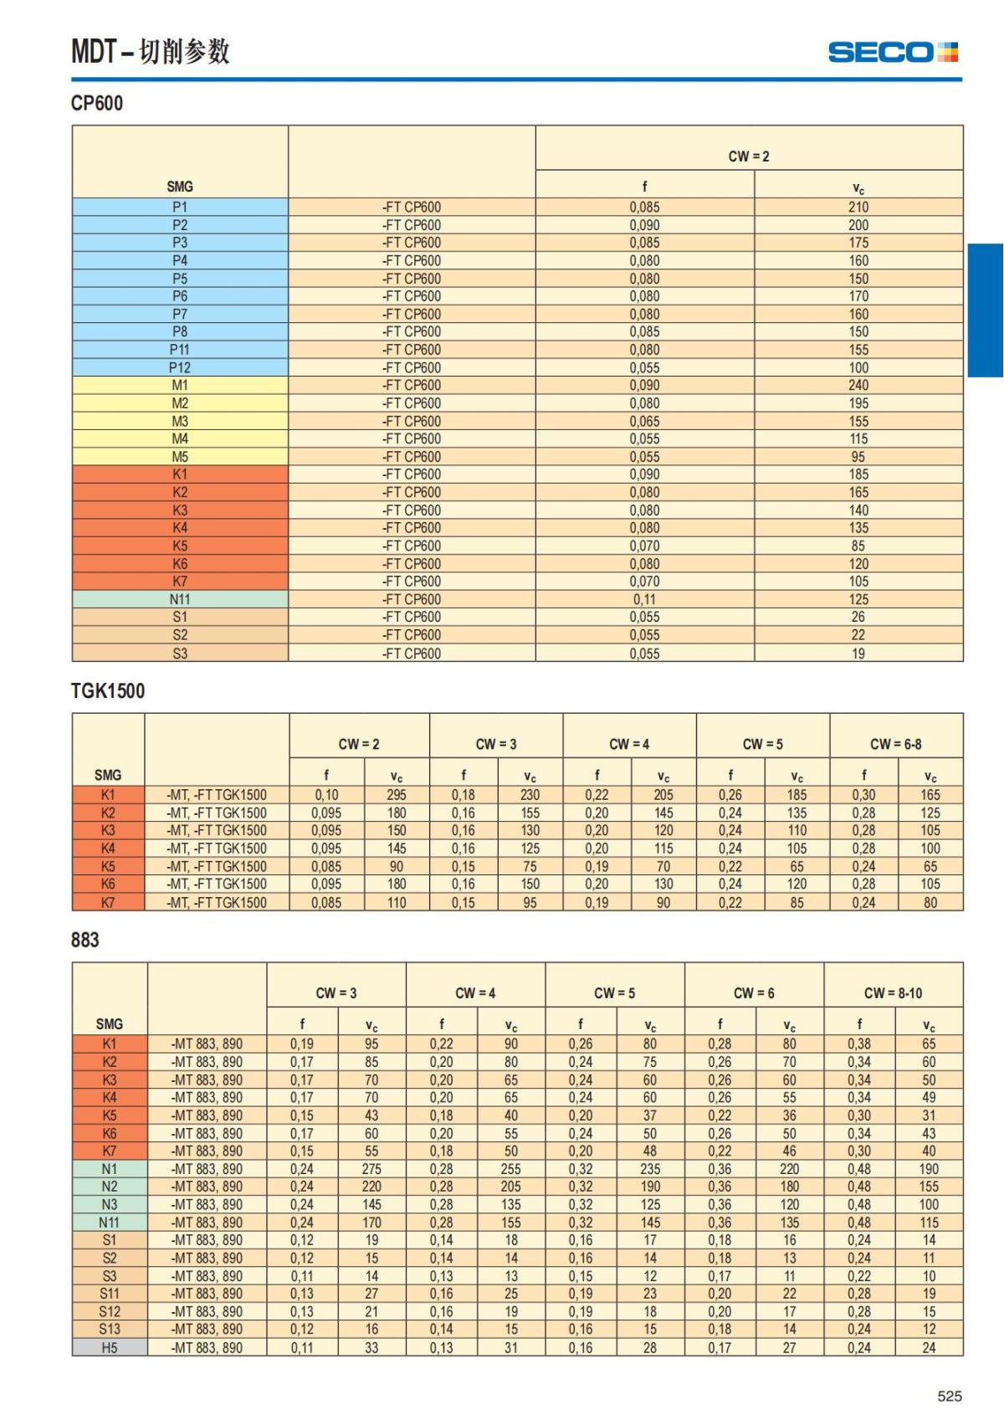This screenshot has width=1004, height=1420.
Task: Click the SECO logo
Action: (x=892, y=53)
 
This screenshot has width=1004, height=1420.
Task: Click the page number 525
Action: (x=950, y=1396)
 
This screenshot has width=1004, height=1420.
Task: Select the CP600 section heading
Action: (x=97, y=104)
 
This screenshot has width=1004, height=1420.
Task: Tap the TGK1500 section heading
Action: (x=108, y=691)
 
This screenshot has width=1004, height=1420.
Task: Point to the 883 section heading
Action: (x=85, y=940)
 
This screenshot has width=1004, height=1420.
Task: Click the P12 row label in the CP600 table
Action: (x=180, y=367)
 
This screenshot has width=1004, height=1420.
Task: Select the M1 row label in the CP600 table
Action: (x=180, y=385)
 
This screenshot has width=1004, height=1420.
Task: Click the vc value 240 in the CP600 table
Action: (x=858, y=385)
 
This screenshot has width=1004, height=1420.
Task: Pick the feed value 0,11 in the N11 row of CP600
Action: (x=644, y=599)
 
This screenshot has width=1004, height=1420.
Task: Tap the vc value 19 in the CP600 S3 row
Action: (x=858, y=654)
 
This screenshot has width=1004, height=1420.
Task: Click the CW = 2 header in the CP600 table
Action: (x=749, y=156)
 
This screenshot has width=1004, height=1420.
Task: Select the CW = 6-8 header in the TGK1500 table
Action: (x=896, y=744)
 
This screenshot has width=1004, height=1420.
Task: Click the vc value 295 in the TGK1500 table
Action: (x=397, y=795)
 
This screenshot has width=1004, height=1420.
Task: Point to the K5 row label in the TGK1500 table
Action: (x=108, y=866)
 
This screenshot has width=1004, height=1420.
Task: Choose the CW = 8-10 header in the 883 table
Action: (x=893, y=993)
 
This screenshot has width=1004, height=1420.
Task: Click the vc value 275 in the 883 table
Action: (x=371, y=1169)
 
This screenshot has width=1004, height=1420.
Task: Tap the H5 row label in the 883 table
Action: (x=110, y=1348)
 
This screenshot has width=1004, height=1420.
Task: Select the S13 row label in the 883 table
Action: (x=110, y=1329)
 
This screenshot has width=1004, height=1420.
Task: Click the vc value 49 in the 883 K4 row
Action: (x=929, y=1097)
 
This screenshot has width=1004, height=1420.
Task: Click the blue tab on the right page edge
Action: (x=986, y=310)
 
